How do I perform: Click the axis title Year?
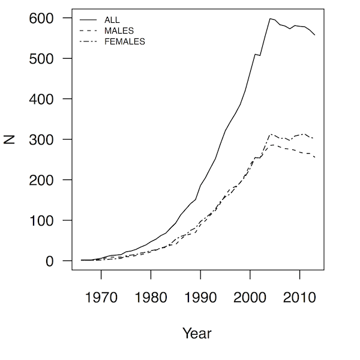(197, 333)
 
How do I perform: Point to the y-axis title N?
(10, 140)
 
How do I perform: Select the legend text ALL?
(112, 20)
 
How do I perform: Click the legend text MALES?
(119, 31)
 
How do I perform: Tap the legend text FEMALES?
(124, 42)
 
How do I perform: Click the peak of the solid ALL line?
(270, 19)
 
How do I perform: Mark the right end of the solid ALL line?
(314, 35)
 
